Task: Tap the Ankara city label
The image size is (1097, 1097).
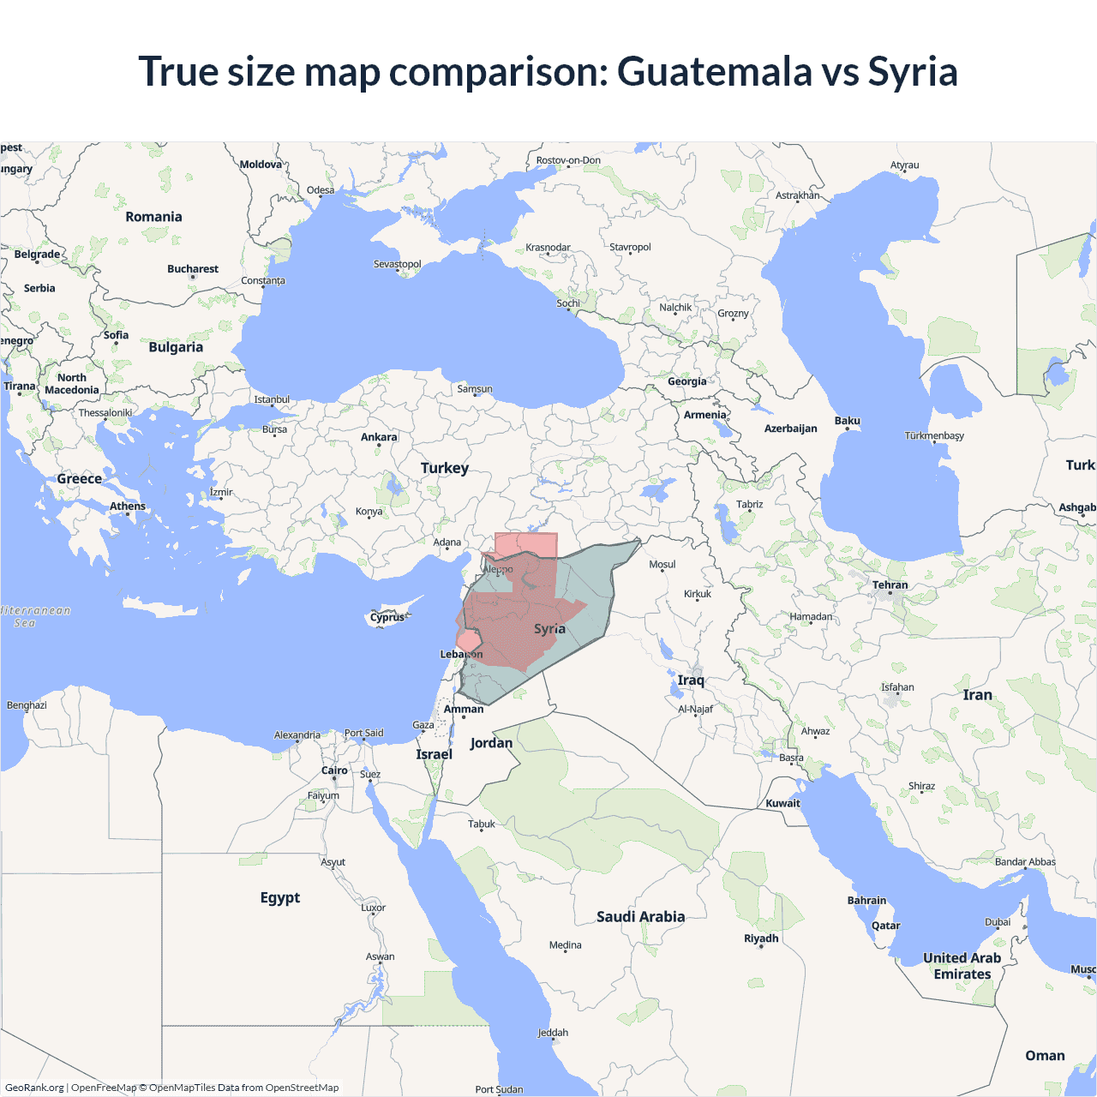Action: pos(379,437)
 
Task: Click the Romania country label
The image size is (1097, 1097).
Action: pos(153,217)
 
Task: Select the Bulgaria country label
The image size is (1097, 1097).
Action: pos(176,347)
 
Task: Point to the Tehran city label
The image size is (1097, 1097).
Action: pos(890,585)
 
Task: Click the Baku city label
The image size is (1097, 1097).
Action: pos(847,421)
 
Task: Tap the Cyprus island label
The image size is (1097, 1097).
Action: pos(387,617)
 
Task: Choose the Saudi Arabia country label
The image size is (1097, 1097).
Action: pos(640,917)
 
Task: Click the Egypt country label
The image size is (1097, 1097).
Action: pos(280,897)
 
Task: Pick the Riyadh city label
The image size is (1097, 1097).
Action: pos(761,938)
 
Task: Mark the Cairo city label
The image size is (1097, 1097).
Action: pos(334,770)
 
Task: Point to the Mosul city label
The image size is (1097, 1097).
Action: pos(662,565)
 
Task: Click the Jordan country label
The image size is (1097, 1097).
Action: pos(491,743)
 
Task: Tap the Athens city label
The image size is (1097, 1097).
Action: pos(128,507)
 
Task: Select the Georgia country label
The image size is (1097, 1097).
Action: pos(687,381)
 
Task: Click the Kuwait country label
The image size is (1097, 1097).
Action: pos(782,804)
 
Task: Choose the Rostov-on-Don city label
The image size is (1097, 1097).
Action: pos(568,160)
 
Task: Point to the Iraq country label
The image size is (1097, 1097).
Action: pos(691,680)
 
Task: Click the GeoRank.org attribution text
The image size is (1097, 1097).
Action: pos(34,1088)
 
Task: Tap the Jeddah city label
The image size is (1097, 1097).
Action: pos(553,1033)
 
